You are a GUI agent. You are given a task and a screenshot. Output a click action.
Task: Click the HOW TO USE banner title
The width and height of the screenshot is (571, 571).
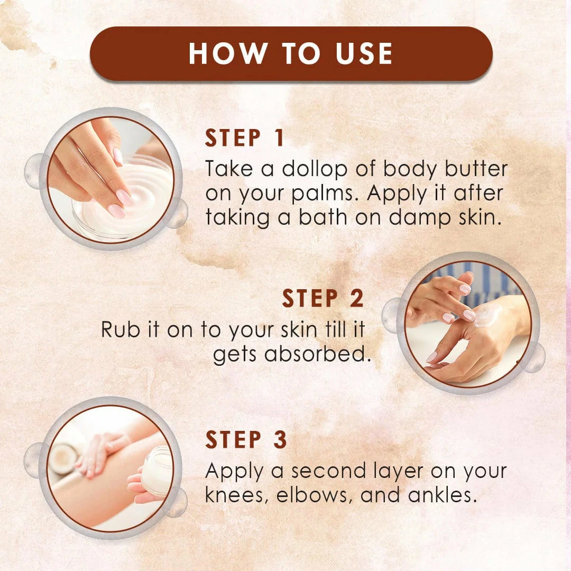pos(291,54)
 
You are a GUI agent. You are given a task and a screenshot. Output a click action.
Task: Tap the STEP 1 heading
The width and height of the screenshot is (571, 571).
pos(245,138)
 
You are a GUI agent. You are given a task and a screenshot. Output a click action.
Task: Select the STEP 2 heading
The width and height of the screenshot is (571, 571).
pos(323,299)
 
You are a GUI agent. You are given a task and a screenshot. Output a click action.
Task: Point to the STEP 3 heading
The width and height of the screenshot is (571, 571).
pos(246,440)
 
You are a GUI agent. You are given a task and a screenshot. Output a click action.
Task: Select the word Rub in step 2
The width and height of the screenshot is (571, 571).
pos(119,330)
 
